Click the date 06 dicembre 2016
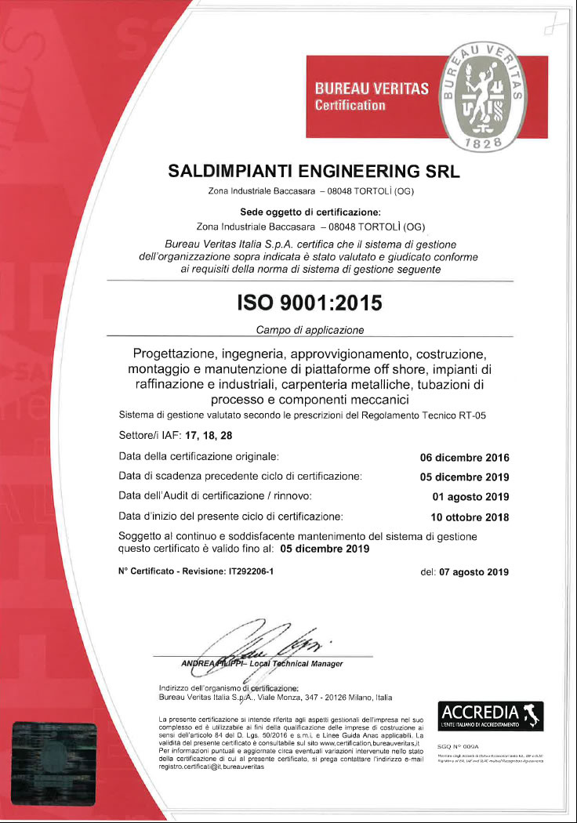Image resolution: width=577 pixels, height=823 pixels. pyautogui.click(x=465, y=458)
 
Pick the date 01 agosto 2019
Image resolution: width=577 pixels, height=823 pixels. pyautogui.click(x=470, y=497)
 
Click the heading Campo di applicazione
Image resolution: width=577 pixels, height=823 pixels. pyautogui.click(x=310, y=329)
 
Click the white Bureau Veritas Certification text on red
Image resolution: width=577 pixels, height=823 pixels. pyautogui.click(x=371, y=96)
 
